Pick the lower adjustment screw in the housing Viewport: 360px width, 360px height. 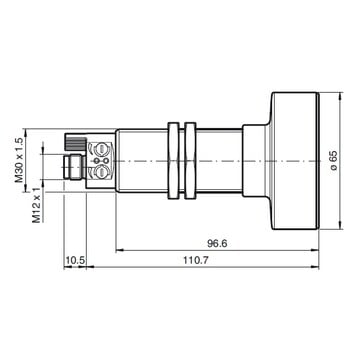[101, 172]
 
